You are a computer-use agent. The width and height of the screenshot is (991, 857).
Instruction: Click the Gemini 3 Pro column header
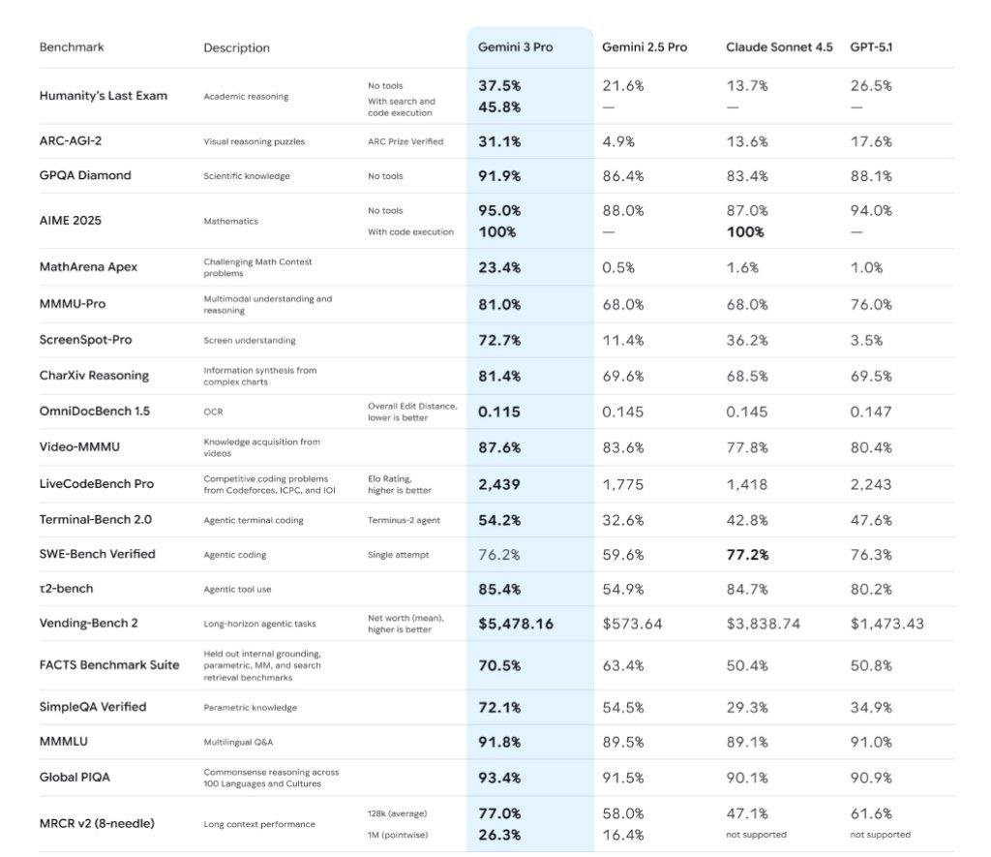pos(515,46)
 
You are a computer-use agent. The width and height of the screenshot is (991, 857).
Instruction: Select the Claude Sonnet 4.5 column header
pos(778,46)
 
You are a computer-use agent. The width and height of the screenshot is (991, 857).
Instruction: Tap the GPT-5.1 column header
pos(872,46)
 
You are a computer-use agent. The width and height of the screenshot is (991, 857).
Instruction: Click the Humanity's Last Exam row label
pos(104,96)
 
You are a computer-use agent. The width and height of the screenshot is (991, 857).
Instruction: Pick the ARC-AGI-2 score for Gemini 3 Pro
pos(499,141)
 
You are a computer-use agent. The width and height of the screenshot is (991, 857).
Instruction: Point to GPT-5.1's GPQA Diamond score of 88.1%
pos(871,176)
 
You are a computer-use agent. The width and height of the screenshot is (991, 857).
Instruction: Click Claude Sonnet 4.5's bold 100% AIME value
pos(745,232)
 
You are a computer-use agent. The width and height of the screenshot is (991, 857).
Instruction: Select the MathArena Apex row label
pos(88,267)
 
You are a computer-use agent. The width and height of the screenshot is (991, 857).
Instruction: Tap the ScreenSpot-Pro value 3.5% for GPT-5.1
pos(866,341)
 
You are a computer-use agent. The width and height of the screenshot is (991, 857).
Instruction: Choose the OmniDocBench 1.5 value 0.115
pos(498,412)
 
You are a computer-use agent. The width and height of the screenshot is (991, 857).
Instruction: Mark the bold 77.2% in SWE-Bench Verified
pos(747,554)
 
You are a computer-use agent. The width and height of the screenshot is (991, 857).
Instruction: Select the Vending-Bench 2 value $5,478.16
pos(516,624)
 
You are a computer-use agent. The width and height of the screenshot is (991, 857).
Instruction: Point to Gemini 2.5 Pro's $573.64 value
pos(632,624)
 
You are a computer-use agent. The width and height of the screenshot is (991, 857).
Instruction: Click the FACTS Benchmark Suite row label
pos(109,665)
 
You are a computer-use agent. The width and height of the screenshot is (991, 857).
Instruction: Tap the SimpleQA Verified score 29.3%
pos(747,707)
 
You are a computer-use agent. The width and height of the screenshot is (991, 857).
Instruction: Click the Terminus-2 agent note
pos(404,520)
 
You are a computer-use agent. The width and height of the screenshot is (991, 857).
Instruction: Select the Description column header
pos(236,47)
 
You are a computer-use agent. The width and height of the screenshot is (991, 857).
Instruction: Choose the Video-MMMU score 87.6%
pos(499,447)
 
